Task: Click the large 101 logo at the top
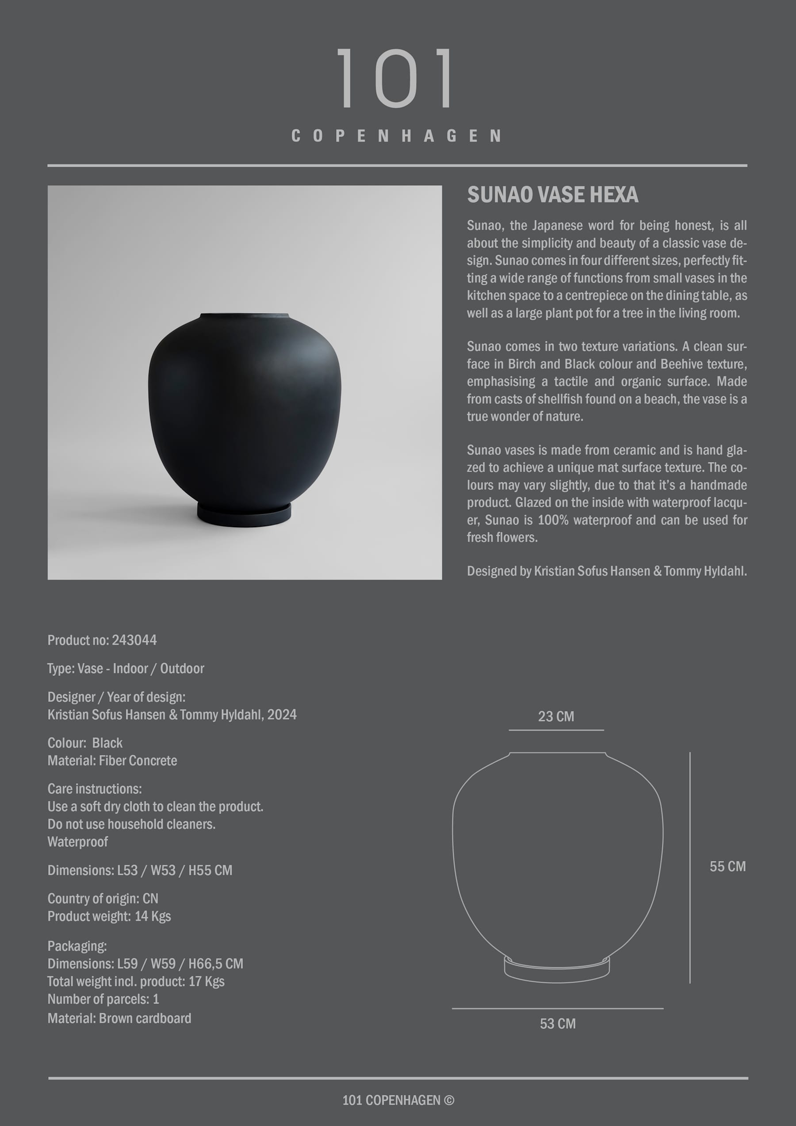[x=395, y=78]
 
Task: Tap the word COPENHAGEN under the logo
[x=396, y=136]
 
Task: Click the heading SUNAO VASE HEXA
[x=552, y=195]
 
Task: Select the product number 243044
[x=134, y=640]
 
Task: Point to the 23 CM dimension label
[x=556, y=716]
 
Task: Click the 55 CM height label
[x=727, y=866]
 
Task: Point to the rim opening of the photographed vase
[x=244, y=315]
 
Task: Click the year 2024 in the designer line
[x=282, y=715]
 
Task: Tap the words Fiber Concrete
[x=138, y=761]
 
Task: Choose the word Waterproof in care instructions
[x=77, y=842]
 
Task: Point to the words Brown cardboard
[x=145, y=1018]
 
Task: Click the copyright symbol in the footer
[x=449, y=1100]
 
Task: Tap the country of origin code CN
[x=150, y=898]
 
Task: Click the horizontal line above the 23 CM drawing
[x=556, y=730]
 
